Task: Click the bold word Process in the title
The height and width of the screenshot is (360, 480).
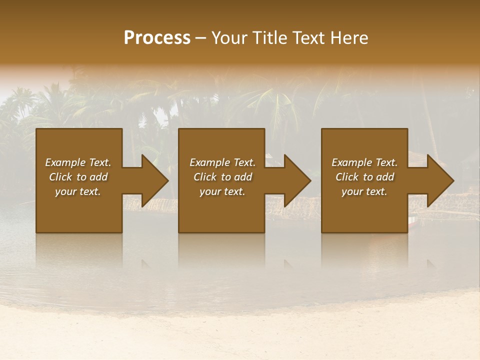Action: (157, 38)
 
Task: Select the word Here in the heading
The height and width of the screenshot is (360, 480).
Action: (350, 38)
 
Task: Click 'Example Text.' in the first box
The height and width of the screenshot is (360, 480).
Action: (78, 162)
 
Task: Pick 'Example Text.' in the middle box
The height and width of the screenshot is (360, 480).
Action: (222, 162)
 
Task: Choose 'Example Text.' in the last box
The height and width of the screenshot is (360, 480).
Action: (364, 162)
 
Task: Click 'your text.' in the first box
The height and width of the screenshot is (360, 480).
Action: (78, 191)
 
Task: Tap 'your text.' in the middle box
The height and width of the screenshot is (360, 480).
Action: (222, 191)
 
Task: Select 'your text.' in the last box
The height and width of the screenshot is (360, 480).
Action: (364, 191)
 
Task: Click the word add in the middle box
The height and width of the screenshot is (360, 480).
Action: (243, 177)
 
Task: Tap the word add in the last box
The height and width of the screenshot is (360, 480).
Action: (385, 177)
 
